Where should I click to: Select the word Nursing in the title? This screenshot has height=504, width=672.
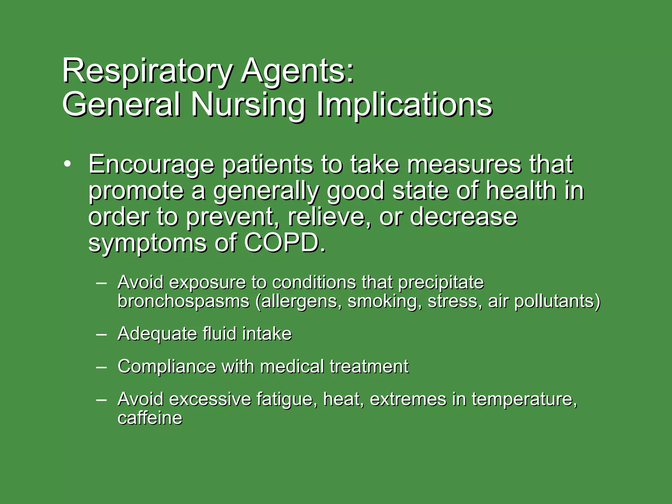[x=248, y=105]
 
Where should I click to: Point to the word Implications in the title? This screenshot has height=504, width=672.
[x=404, y=105]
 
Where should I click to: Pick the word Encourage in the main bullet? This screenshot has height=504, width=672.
[x=151, y=165]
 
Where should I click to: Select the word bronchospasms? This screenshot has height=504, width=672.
[x=183, y=302]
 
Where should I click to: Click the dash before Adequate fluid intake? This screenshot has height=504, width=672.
[x=101, y=334]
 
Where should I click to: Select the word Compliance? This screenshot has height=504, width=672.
[x=167, y=367]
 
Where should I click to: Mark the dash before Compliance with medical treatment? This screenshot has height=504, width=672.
[x=101, y=367]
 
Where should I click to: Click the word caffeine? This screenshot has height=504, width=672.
[x=150, y=418]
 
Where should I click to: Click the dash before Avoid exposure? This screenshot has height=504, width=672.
[x=101, y=283]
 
